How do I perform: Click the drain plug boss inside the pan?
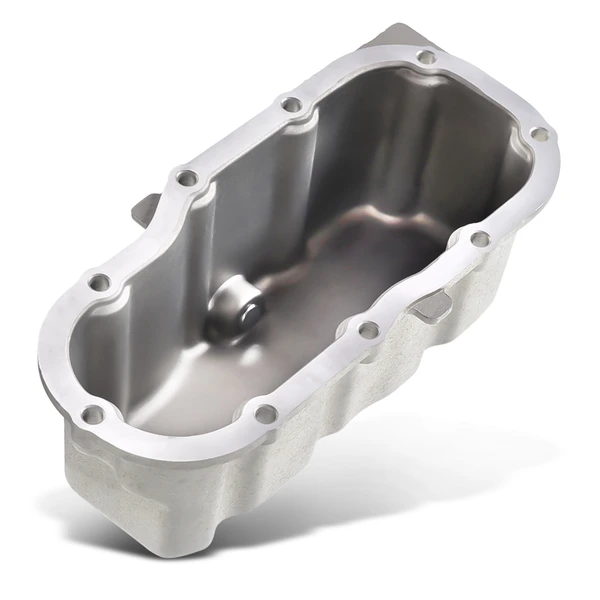232,318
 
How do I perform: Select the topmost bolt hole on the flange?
426,57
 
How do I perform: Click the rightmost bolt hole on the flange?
539,133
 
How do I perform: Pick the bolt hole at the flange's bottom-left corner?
92,413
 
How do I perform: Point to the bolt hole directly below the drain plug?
265,412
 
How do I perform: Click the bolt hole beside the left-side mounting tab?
186,178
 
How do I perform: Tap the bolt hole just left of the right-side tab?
369,329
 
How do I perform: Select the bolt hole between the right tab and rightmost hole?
480,239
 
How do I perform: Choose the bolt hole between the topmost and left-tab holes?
291,104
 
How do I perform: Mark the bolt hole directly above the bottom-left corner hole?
98,283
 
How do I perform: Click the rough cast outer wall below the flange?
300,470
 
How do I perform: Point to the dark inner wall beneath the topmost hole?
400,130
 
